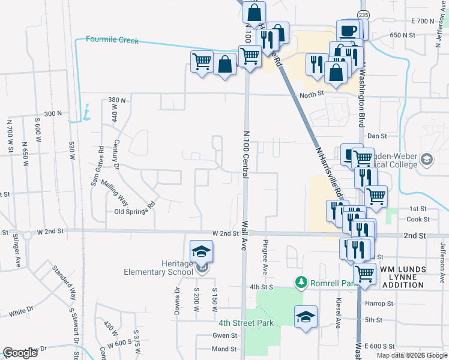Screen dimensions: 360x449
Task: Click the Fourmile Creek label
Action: (x=112, y=40)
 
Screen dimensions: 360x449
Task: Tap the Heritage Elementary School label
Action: (x=162, y=268)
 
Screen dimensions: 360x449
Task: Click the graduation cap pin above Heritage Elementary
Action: (x=202, y=251)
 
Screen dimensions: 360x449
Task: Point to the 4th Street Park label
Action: (x=246, y=323)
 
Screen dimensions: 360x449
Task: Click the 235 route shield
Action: (x=363, y=14)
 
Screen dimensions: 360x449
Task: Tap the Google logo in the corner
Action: (x=20, y=353)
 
